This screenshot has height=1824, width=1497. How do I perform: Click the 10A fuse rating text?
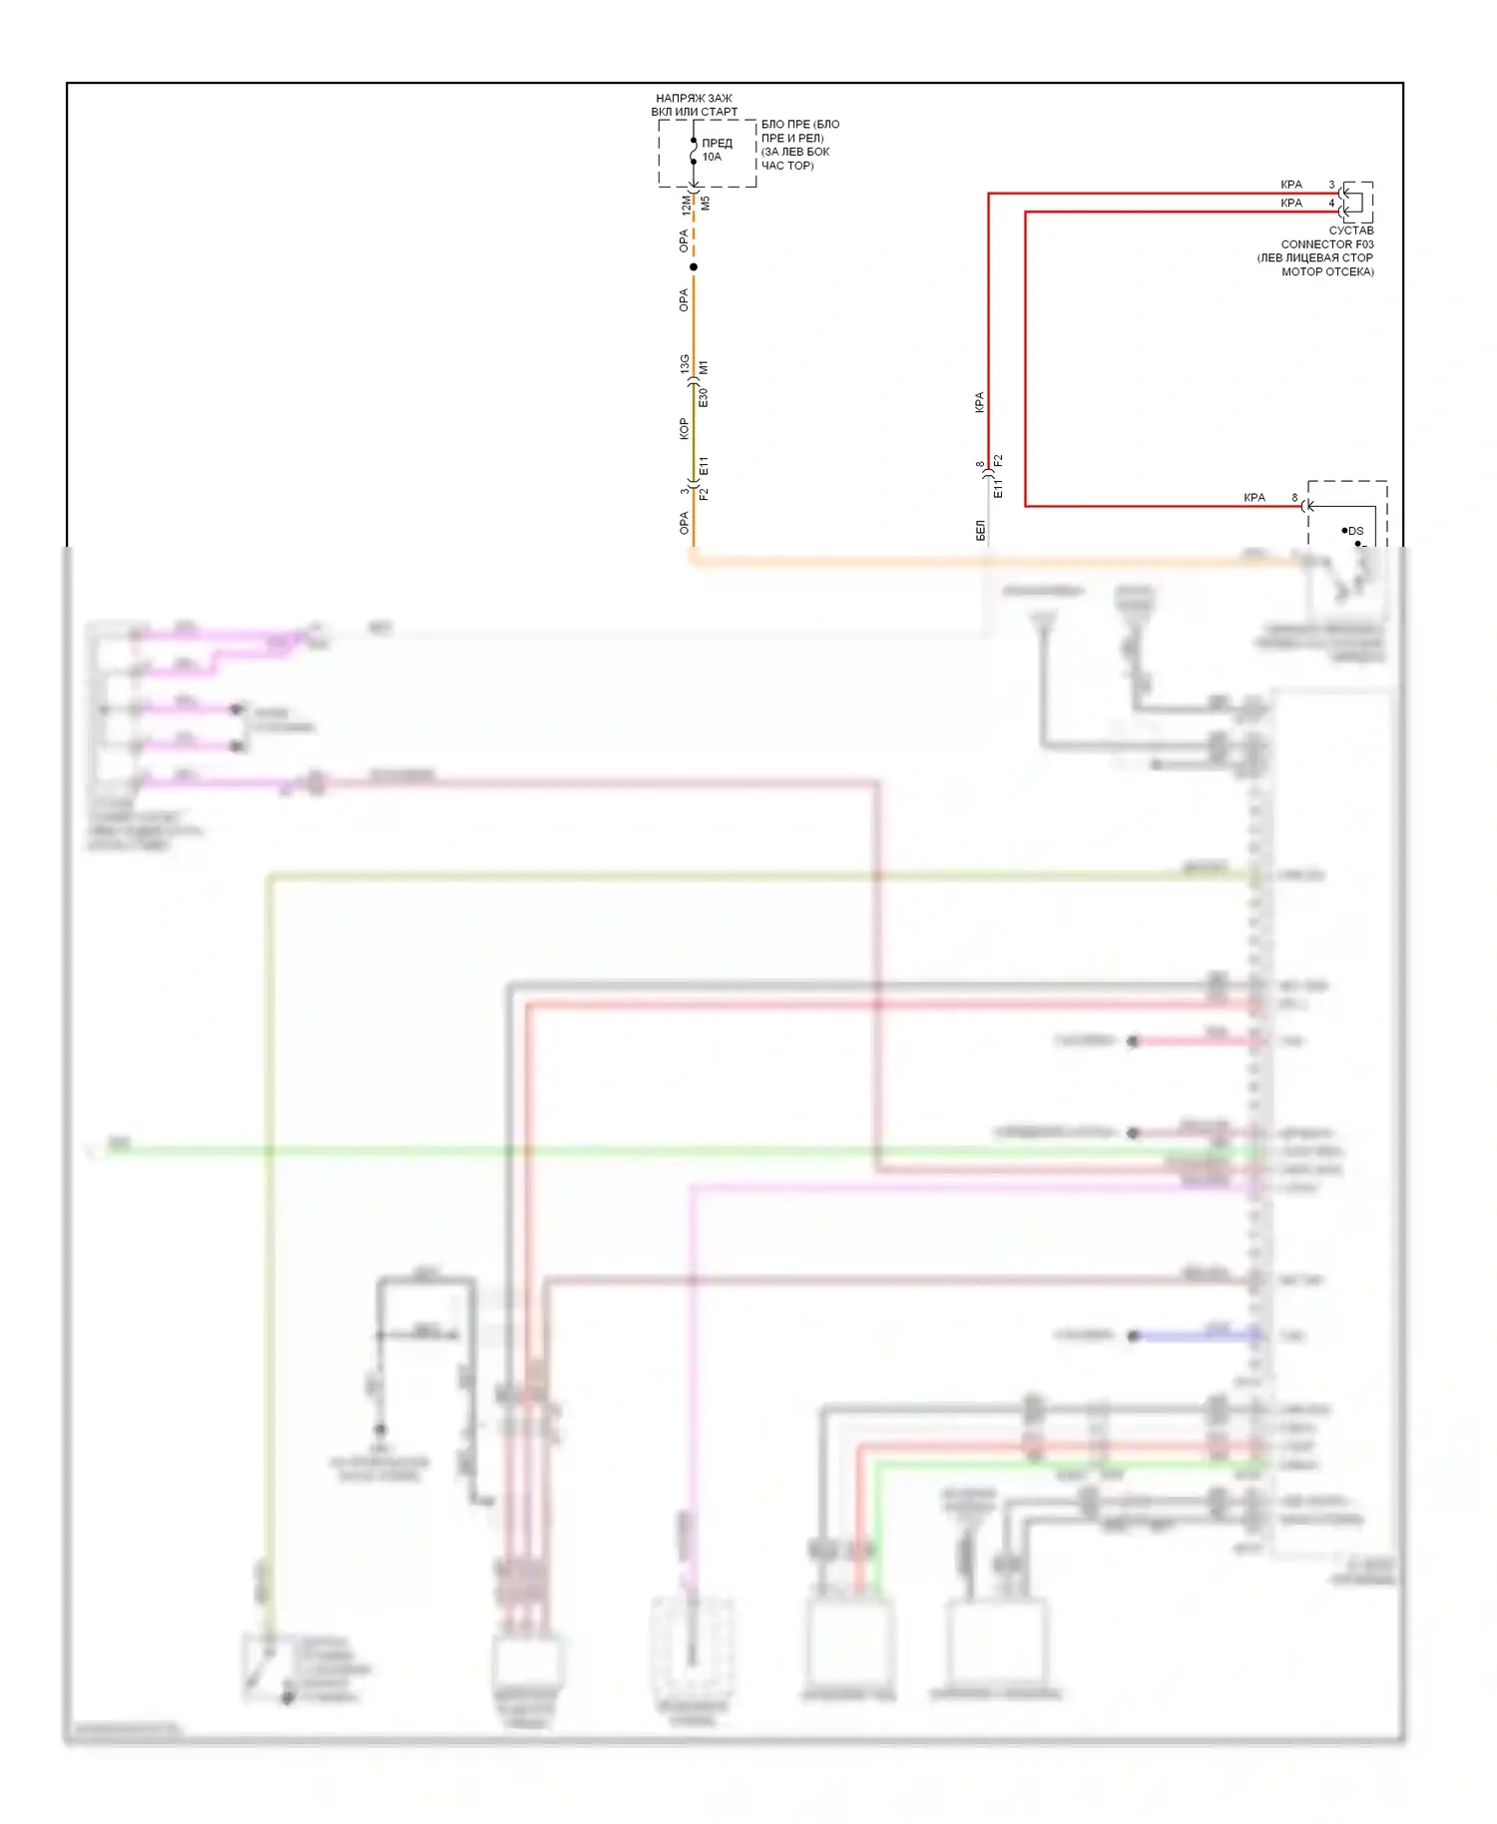pyautogui.click(x=712, y=157)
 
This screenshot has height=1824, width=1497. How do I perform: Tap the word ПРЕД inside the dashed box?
pyautogui.click(x=717, y=143)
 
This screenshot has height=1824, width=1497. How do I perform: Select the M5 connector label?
pyautogui.click(x=706, y=204)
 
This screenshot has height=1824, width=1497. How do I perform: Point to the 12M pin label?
pyautogui.click(x=686, y=205)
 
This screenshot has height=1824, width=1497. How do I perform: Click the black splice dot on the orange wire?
pyautogui.click(x=694, y=266)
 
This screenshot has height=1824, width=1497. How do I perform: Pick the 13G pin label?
pyautogui.click(x=685, y=364)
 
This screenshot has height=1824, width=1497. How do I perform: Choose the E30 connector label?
pyautogui.click(x=704, y=397)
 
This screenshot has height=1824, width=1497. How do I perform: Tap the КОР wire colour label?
pyautogui.click(x=684, y=429)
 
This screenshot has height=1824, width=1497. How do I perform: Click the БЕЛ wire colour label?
pyautogui.click(x=980, y=531)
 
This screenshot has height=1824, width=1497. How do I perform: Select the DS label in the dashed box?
pyautogui.click(x=1355, y=531)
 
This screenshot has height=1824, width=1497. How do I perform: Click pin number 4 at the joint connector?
pyautogui.click(x=1331, y=203)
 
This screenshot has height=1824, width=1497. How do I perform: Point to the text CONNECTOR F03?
pyautogui.click(x=1326, y=243)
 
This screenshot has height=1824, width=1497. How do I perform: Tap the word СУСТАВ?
pyautogui.click(x=1350, y=230)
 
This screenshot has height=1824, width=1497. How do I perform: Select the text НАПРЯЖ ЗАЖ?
pyautogui.click(x=694, y=99)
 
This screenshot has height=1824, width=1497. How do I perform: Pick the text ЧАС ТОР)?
pyautogui.click(x=787, y=166)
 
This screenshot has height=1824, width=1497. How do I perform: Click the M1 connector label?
pyautogui.click(x=705, y=368)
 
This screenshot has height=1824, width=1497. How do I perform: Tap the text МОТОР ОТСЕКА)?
pyautogui.click(x=1327, y=271)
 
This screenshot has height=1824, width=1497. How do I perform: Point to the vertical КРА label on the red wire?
pyautogui.click(x=979, y=402)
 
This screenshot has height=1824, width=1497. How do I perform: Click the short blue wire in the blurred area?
pyautogui.click(x=1198, y=1335)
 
